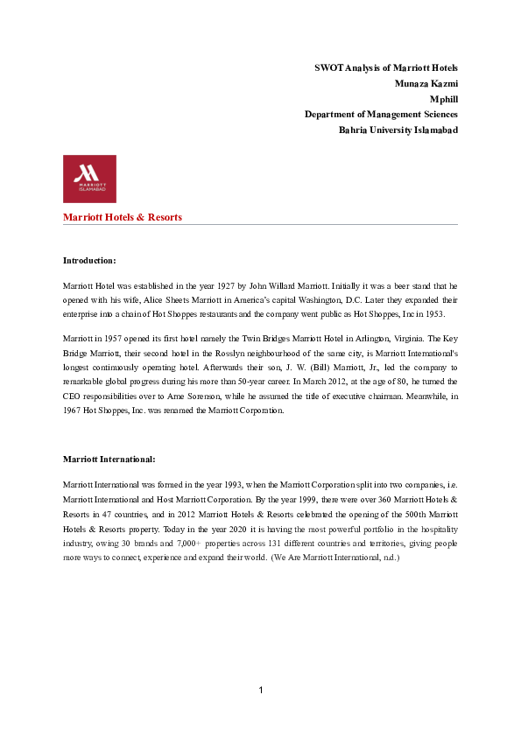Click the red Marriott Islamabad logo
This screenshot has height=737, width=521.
tap(89, 179)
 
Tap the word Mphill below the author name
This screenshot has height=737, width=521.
tap(442, 99)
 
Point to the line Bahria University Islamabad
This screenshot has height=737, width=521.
tap(398, 130)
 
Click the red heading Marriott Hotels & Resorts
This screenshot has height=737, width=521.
tap(123, 217)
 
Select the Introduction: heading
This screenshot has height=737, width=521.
tap(89, 261)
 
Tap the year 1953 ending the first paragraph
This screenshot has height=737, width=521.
tap(434, 312)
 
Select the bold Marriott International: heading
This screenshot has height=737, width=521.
tap(109, 459)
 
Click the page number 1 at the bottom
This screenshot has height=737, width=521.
tap(261, 691)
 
